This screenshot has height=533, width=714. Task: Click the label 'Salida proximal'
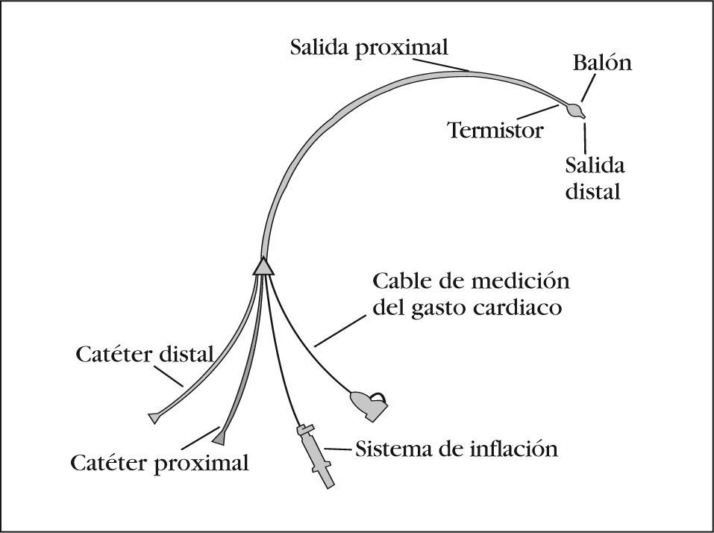click(369, 49)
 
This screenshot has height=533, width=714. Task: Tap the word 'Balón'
click(602, 63)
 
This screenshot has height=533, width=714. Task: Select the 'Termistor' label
click(495, 131)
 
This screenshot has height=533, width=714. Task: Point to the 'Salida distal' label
click(595, 178)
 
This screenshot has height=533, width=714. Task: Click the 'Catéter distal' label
click(145, 353)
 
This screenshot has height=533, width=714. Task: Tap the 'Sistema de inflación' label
click(457, 449)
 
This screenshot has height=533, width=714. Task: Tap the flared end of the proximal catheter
click(222, 433)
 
